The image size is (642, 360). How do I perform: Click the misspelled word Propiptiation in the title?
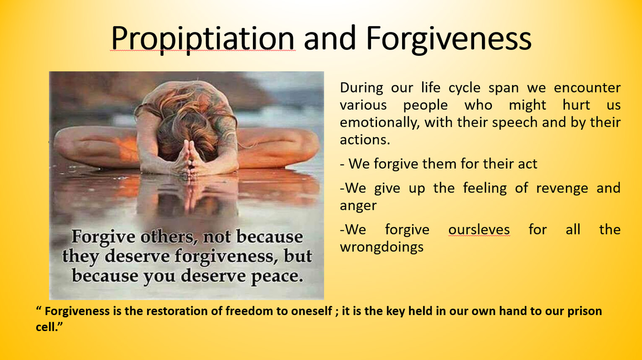point(203,39)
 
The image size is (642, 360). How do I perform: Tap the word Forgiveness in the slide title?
point(449,39)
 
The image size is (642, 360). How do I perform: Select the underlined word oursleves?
point(479,230)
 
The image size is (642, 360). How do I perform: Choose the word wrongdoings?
point(382,247)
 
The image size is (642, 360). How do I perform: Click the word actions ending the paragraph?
point(365,140)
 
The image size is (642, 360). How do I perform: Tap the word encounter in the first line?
point(587,88)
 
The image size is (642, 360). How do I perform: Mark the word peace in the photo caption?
point(277,276)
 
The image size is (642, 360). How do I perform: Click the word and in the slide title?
point(330,39)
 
